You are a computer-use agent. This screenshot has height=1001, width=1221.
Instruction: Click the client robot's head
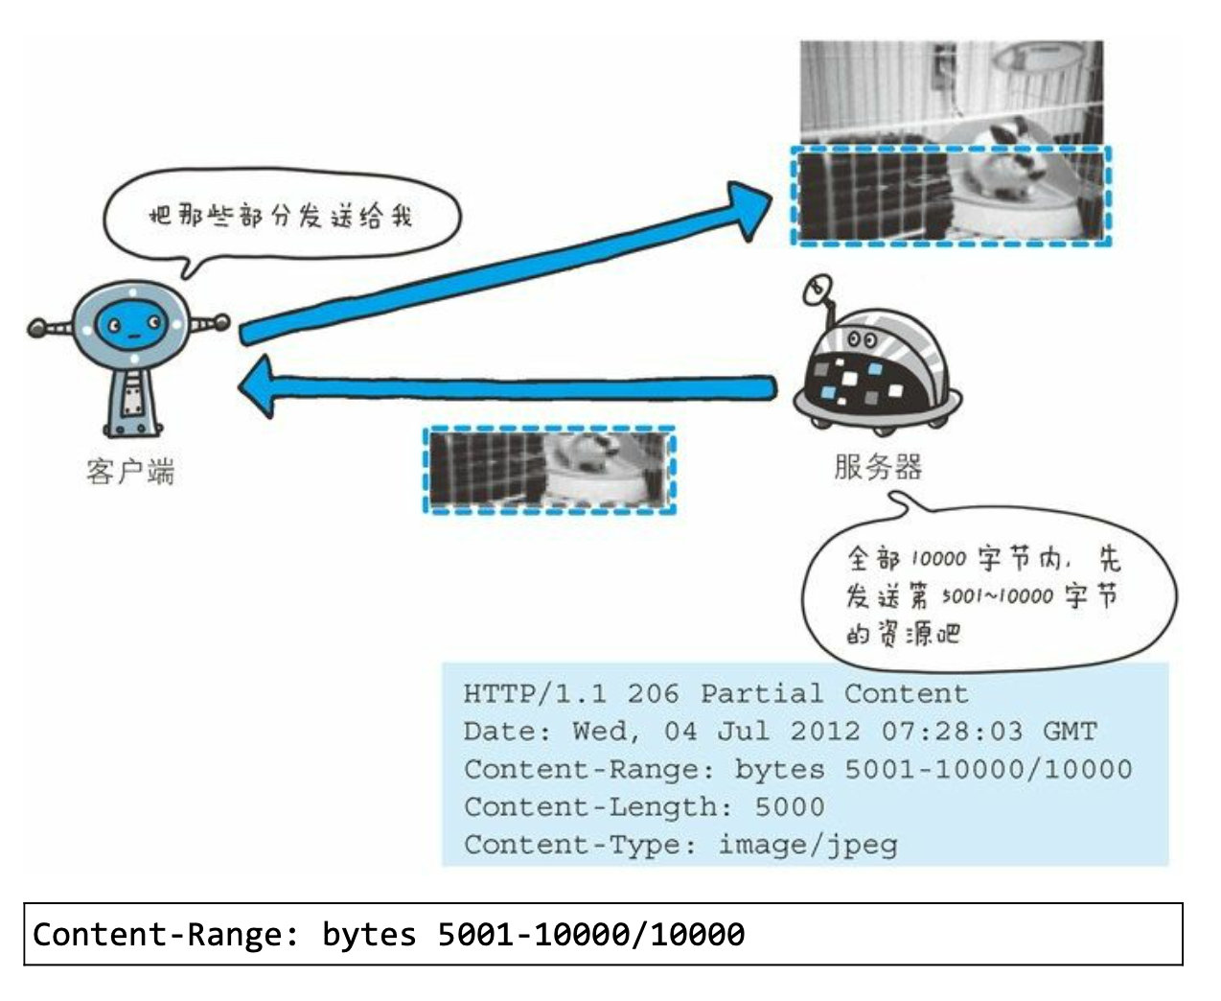coord(130,326)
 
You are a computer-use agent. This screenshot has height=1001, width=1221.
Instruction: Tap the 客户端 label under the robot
coord(130,472)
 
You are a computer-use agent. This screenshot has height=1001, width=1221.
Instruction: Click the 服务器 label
coord(877,467)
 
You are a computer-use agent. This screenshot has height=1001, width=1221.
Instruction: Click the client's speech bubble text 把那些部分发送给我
coord(280,216)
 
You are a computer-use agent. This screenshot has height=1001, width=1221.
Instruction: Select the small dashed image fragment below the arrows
coord(549,470)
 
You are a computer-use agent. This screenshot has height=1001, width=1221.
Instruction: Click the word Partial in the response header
coord(761,693)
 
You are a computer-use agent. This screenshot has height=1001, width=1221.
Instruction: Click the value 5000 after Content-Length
coord(789,806)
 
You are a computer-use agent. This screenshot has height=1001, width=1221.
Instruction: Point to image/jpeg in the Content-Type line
coord(808,845)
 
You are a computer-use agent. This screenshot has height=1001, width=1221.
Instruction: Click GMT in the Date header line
coord(1069,732)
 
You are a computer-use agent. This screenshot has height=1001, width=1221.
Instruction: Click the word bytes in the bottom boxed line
coord(369,934)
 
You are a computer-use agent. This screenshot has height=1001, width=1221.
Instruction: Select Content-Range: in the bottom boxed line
coord(166,934)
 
